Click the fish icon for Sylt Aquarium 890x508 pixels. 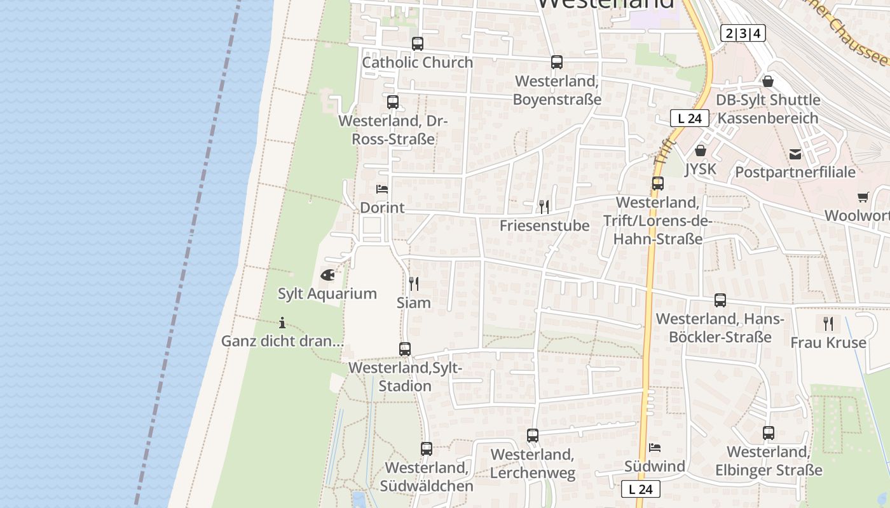(327, 276)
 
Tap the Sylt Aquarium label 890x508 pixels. (327, 294)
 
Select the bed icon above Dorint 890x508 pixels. (382, 189)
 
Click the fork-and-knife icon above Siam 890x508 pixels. (414, 283)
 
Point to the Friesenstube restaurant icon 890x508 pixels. (544, 206)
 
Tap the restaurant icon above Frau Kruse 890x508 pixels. (828, 324)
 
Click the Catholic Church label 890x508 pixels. (418, 62)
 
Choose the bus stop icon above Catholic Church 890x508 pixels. (418, 44)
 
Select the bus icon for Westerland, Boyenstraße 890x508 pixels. (557, 62)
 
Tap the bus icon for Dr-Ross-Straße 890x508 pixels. (393, 102)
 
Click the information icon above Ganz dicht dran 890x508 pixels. (282, 323)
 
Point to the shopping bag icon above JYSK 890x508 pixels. (701, 150)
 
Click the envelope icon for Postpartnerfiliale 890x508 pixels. (795, 154)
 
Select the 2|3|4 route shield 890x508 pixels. (743, 34)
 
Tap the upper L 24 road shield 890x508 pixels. (690, 118)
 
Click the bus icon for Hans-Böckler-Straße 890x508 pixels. (720, 300)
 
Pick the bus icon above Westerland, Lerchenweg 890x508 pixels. (533, 436)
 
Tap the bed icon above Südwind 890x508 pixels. (655, 448)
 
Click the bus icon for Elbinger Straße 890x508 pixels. (769, 433)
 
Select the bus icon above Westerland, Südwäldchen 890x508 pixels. (427, 449)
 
